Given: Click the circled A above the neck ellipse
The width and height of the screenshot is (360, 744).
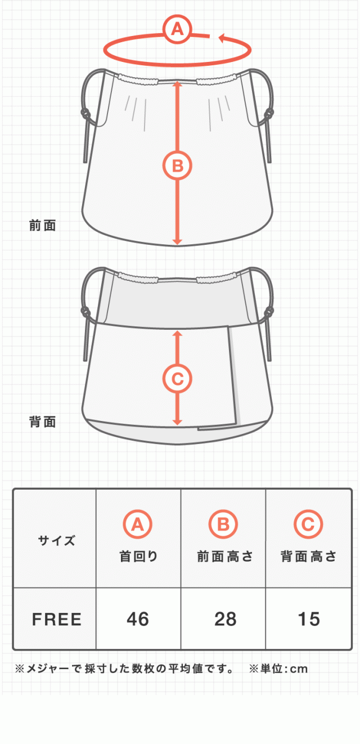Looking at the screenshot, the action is click(177, 29).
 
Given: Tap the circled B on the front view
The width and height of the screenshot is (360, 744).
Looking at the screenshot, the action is click(177, 165).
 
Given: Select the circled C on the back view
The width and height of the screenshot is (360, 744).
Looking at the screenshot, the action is click(177, 379).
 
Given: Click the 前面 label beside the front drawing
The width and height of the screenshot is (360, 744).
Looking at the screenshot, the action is click(43, 226).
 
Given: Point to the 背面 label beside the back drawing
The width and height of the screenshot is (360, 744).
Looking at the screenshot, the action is click(43, 422).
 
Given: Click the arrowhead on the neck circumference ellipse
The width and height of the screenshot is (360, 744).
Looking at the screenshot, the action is click(223, 38).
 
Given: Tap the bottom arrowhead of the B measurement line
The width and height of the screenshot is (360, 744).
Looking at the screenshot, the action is click(177, 241).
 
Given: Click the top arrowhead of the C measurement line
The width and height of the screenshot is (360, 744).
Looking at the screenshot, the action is click(177, 334).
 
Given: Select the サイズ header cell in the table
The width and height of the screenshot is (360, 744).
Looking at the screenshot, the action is click(56, 541).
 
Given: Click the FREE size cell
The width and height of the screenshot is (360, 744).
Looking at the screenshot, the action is click(56, 619).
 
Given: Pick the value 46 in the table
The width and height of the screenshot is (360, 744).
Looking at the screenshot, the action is click(138, 619).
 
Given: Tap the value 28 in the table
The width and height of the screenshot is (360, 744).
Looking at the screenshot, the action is click(226, 619).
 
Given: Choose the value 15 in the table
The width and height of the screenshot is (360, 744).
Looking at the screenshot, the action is click(309, 619).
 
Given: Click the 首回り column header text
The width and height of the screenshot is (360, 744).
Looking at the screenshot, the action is click(138, 556).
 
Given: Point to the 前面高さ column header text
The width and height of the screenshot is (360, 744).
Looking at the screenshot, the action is click(225, 556).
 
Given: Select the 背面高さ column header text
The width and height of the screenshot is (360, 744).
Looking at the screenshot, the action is click(308, 556).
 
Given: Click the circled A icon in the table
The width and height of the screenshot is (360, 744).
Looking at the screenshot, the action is click(137, 525).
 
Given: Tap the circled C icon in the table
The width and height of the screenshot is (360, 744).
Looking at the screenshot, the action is click(308, 525).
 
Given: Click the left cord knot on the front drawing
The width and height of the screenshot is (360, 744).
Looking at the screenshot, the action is click(85, 114).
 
